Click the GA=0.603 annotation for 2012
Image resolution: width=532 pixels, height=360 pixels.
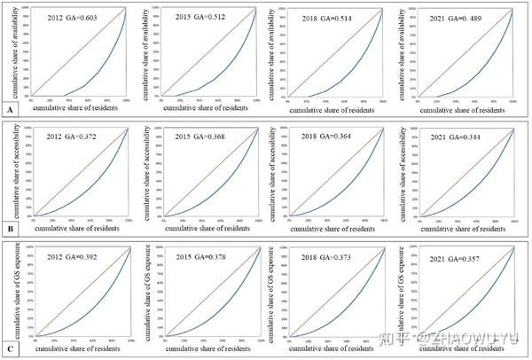(74, 17)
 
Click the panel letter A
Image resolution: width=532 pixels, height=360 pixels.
(9, 110)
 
